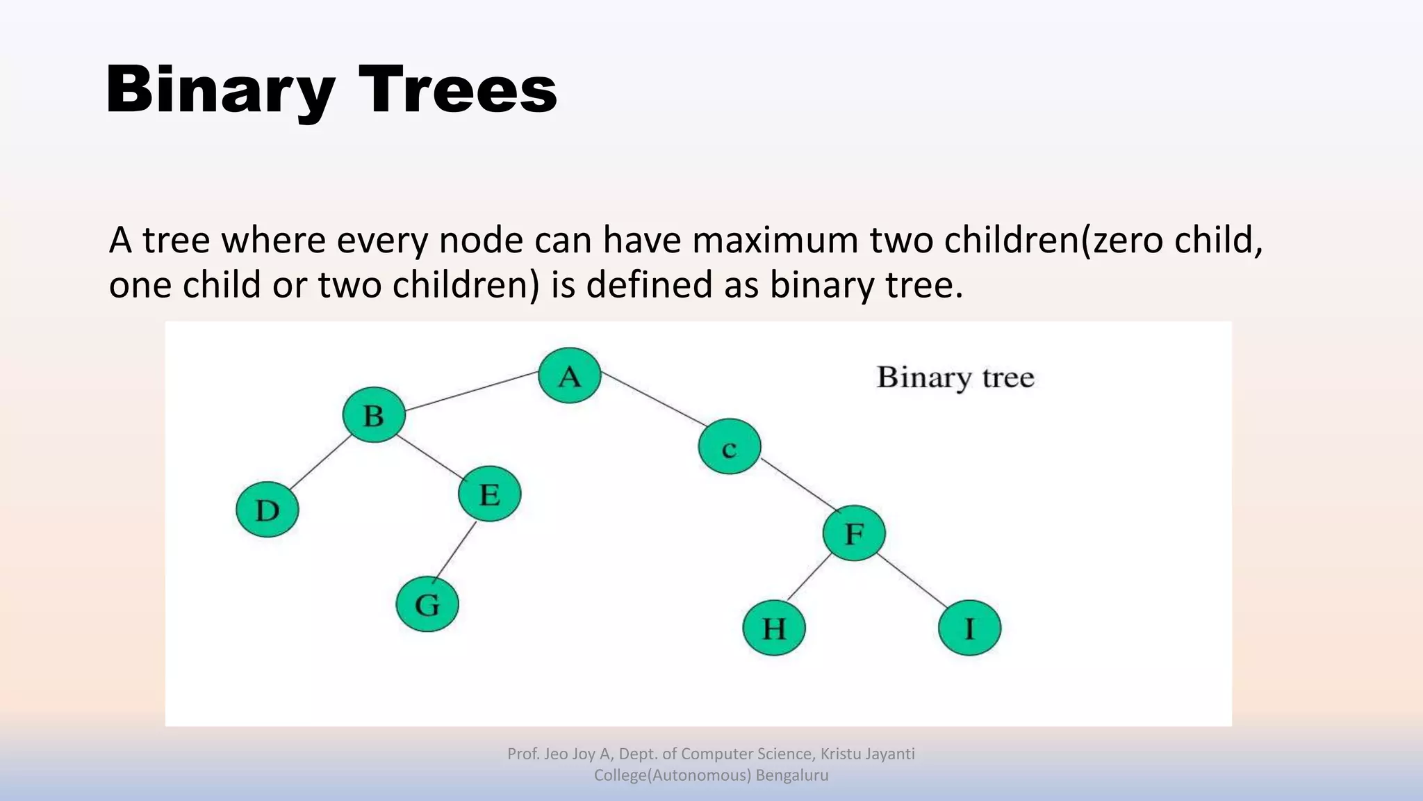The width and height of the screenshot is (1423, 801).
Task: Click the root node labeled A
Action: point(569,375)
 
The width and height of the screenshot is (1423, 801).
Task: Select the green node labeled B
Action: point(374,415)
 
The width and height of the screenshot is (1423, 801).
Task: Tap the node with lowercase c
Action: point(729,447)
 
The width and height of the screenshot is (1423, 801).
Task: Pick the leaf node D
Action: point(268,510)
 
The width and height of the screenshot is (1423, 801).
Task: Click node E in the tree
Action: point(489,494)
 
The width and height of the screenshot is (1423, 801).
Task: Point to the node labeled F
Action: point(853,533)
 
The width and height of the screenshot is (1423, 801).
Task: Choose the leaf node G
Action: point(427,604)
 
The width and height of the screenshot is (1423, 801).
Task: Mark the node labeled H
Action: point(773,628)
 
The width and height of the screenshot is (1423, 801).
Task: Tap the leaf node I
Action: point(969,628)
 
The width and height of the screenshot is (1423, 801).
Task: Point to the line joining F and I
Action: point(912,581)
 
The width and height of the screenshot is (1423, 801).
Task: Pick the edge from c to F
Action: point(796,485)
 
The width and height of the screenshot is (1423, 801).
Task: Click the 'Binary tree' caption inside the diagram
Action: point(955,378)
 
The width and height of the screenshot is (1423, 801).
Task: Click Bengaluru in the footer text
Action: point(792,775)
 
